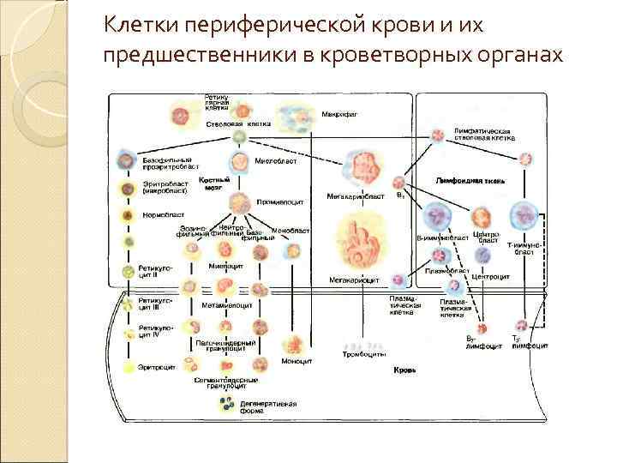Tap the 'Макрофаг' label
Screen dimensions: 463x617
pos(339,113)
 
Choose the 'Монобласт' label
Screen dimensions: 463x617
pos(291,230)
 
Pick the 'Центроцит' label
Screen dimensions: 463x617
pos(492,278)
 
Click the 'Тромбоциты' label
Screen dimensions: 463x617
pos(364,353)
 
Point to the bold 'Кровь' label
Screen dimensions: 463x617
pos(404,370)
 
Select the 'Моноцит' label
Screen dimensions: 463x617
pos(296,360)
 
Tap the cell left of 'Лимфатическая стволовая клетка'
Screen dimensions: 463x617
pos(439,134)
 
